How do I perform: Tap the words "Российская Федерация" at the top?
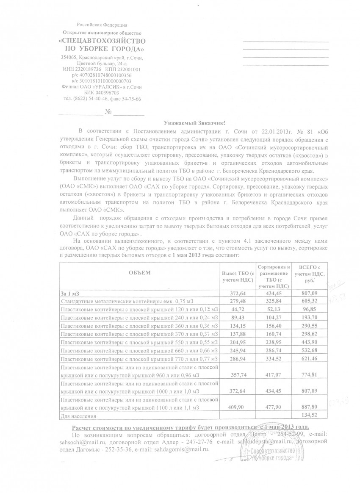point(102,26)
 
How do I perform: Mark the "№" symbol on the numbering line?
point(108,112)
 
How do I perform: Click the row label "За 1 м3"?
point(69,293)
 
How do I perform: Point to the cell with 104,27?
point(274,317)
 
